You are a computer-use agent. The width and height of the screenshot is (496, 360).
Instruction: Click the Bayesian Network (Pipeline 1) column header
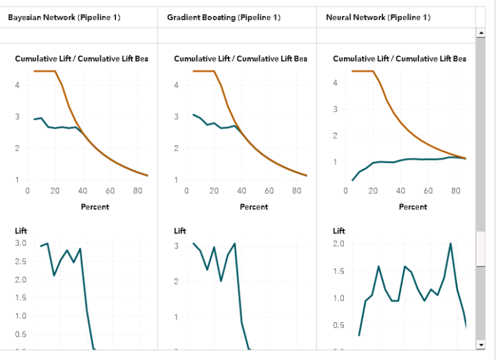(64, 17)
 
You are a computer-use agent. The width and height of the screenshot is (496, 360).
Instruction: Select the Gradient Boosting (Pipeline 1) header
(224, 17)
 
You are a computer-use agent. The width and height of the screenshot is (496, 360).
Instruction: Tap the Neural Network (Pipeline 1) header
(378, 17)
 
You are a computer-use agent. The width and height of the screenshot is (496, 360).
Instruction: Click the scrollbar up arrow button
(481, 32)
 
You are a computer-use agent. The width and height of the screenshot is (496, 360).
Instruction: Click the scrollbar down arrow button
(481, 345)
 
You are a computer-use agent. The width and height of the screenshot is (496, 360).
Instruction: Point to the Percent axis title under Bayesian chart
(94, 207)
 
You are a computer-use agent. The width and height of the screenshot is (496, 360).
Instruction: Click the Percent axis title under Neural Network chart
(413, 207)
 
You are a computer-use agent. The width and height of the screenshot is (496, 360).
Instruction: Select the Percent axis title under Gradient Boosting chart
(253, 207)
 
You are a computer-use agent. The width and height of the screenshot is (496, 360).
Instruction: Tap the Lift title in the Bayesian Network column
(21, 230)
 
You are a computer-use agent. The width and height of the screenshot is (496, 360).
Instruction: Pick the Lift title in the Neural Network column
(339, 230)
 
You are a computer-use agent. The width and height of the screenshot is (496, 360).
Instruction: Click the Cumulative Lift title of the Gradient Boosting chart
(241, 59)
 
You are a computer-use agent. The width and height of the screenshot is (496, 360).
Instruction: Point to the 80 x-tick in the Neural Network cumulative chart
(455, 191)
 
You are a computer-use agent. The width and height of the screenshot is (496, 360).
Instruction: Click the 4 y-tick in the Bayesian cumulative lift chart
(18, 85)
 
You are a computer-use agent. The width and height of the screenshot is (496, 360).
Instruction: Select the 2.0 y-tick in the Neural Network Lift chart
(339, 243)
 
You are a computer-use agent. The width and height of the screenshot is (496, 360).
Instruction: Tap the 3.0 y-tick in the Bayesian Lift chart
(21, 243)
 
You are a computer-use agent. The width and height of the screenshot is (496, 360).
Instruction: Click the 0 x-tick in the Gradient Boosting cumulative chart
(186, 191)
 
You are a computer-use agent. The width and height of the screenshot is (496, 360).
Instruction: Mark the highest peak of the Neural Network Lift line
(450, 244)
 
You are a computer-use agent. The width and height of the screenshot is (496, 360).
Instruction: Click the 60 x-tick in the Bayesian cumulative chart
(110, 191)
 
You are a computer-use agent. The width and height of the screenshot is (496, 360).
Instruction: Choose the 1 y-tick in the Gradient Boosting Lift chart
(176, 317)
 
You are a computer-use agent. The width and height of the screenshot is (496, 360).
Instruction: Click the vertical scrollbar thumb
(481, 249)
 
